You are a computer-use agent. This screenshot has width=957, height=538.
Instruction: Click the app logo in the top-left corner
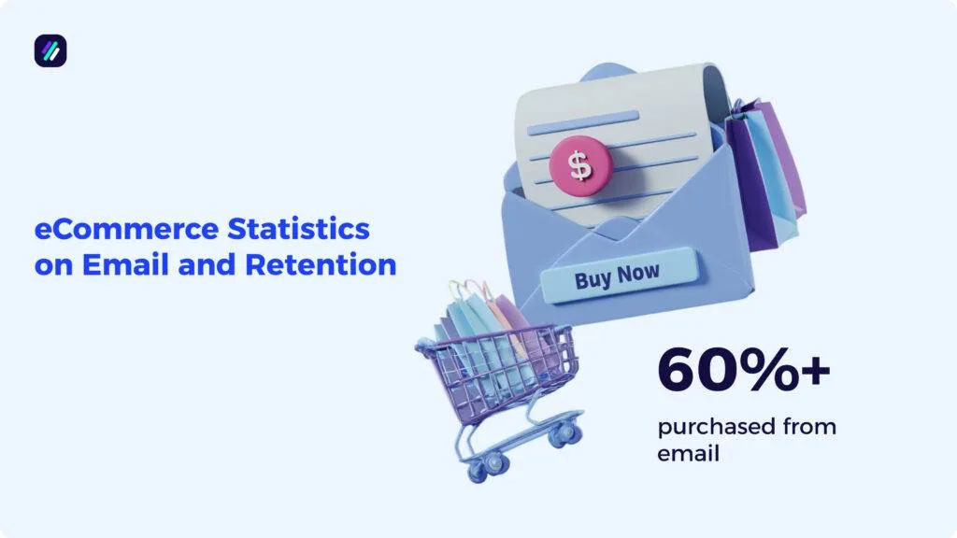(50, 50)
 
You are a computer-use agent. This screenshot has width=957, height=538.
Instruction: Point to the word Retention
(321, 264)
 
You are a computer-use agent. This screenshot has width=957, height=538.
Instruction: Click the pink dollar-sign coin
(581, 166)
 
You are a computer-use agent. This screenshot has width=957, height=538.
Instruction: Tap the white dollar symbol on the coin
(581, 165)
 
